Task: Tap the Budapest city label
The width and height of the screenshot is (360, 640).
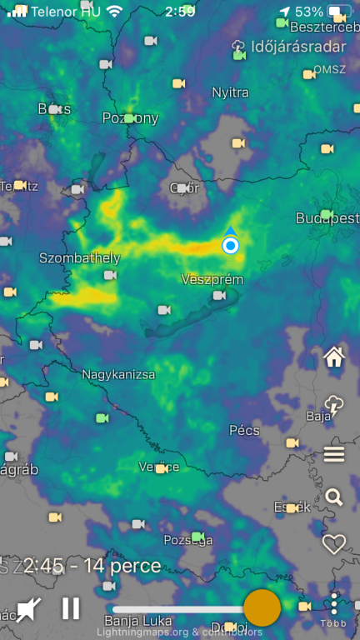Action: point(327,218)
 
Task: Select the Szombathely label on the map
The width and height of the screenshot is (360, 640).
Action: point(80,258)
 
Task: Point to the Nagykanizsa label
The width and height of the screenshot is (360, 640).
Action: point(118,375)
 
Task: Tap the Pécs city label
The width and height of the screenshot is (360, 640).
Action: point(244,431)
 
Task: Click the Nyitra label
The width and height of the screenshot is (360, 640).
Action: point(230,92)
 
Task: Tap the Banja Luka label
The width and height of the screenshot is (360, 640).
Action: point(138,621)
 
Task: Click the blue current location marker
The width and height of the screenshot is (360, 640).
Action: point(231,245)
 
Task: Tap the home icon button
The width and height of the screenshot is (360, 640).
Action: point(334,357)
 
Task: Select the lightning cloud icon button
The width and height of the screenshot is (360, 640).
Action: point(334,406)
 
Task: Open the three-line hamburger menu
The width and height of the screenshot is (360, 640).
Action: point(334,454)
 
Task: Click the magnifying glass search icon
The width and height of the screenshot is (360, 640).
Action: point(334,497)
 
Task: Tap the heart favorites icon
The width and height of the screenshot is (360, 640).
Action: point(334,544)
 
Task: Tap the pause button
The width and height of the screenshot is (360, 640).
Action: point(71,608)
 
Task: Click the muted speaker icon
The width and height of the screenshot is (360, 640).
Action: point(28,609)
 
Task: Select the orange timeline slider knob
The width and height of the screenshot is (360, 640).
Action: point(262,608)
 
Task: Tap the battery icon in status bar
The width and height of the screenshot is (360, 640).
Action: point(339,12)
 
